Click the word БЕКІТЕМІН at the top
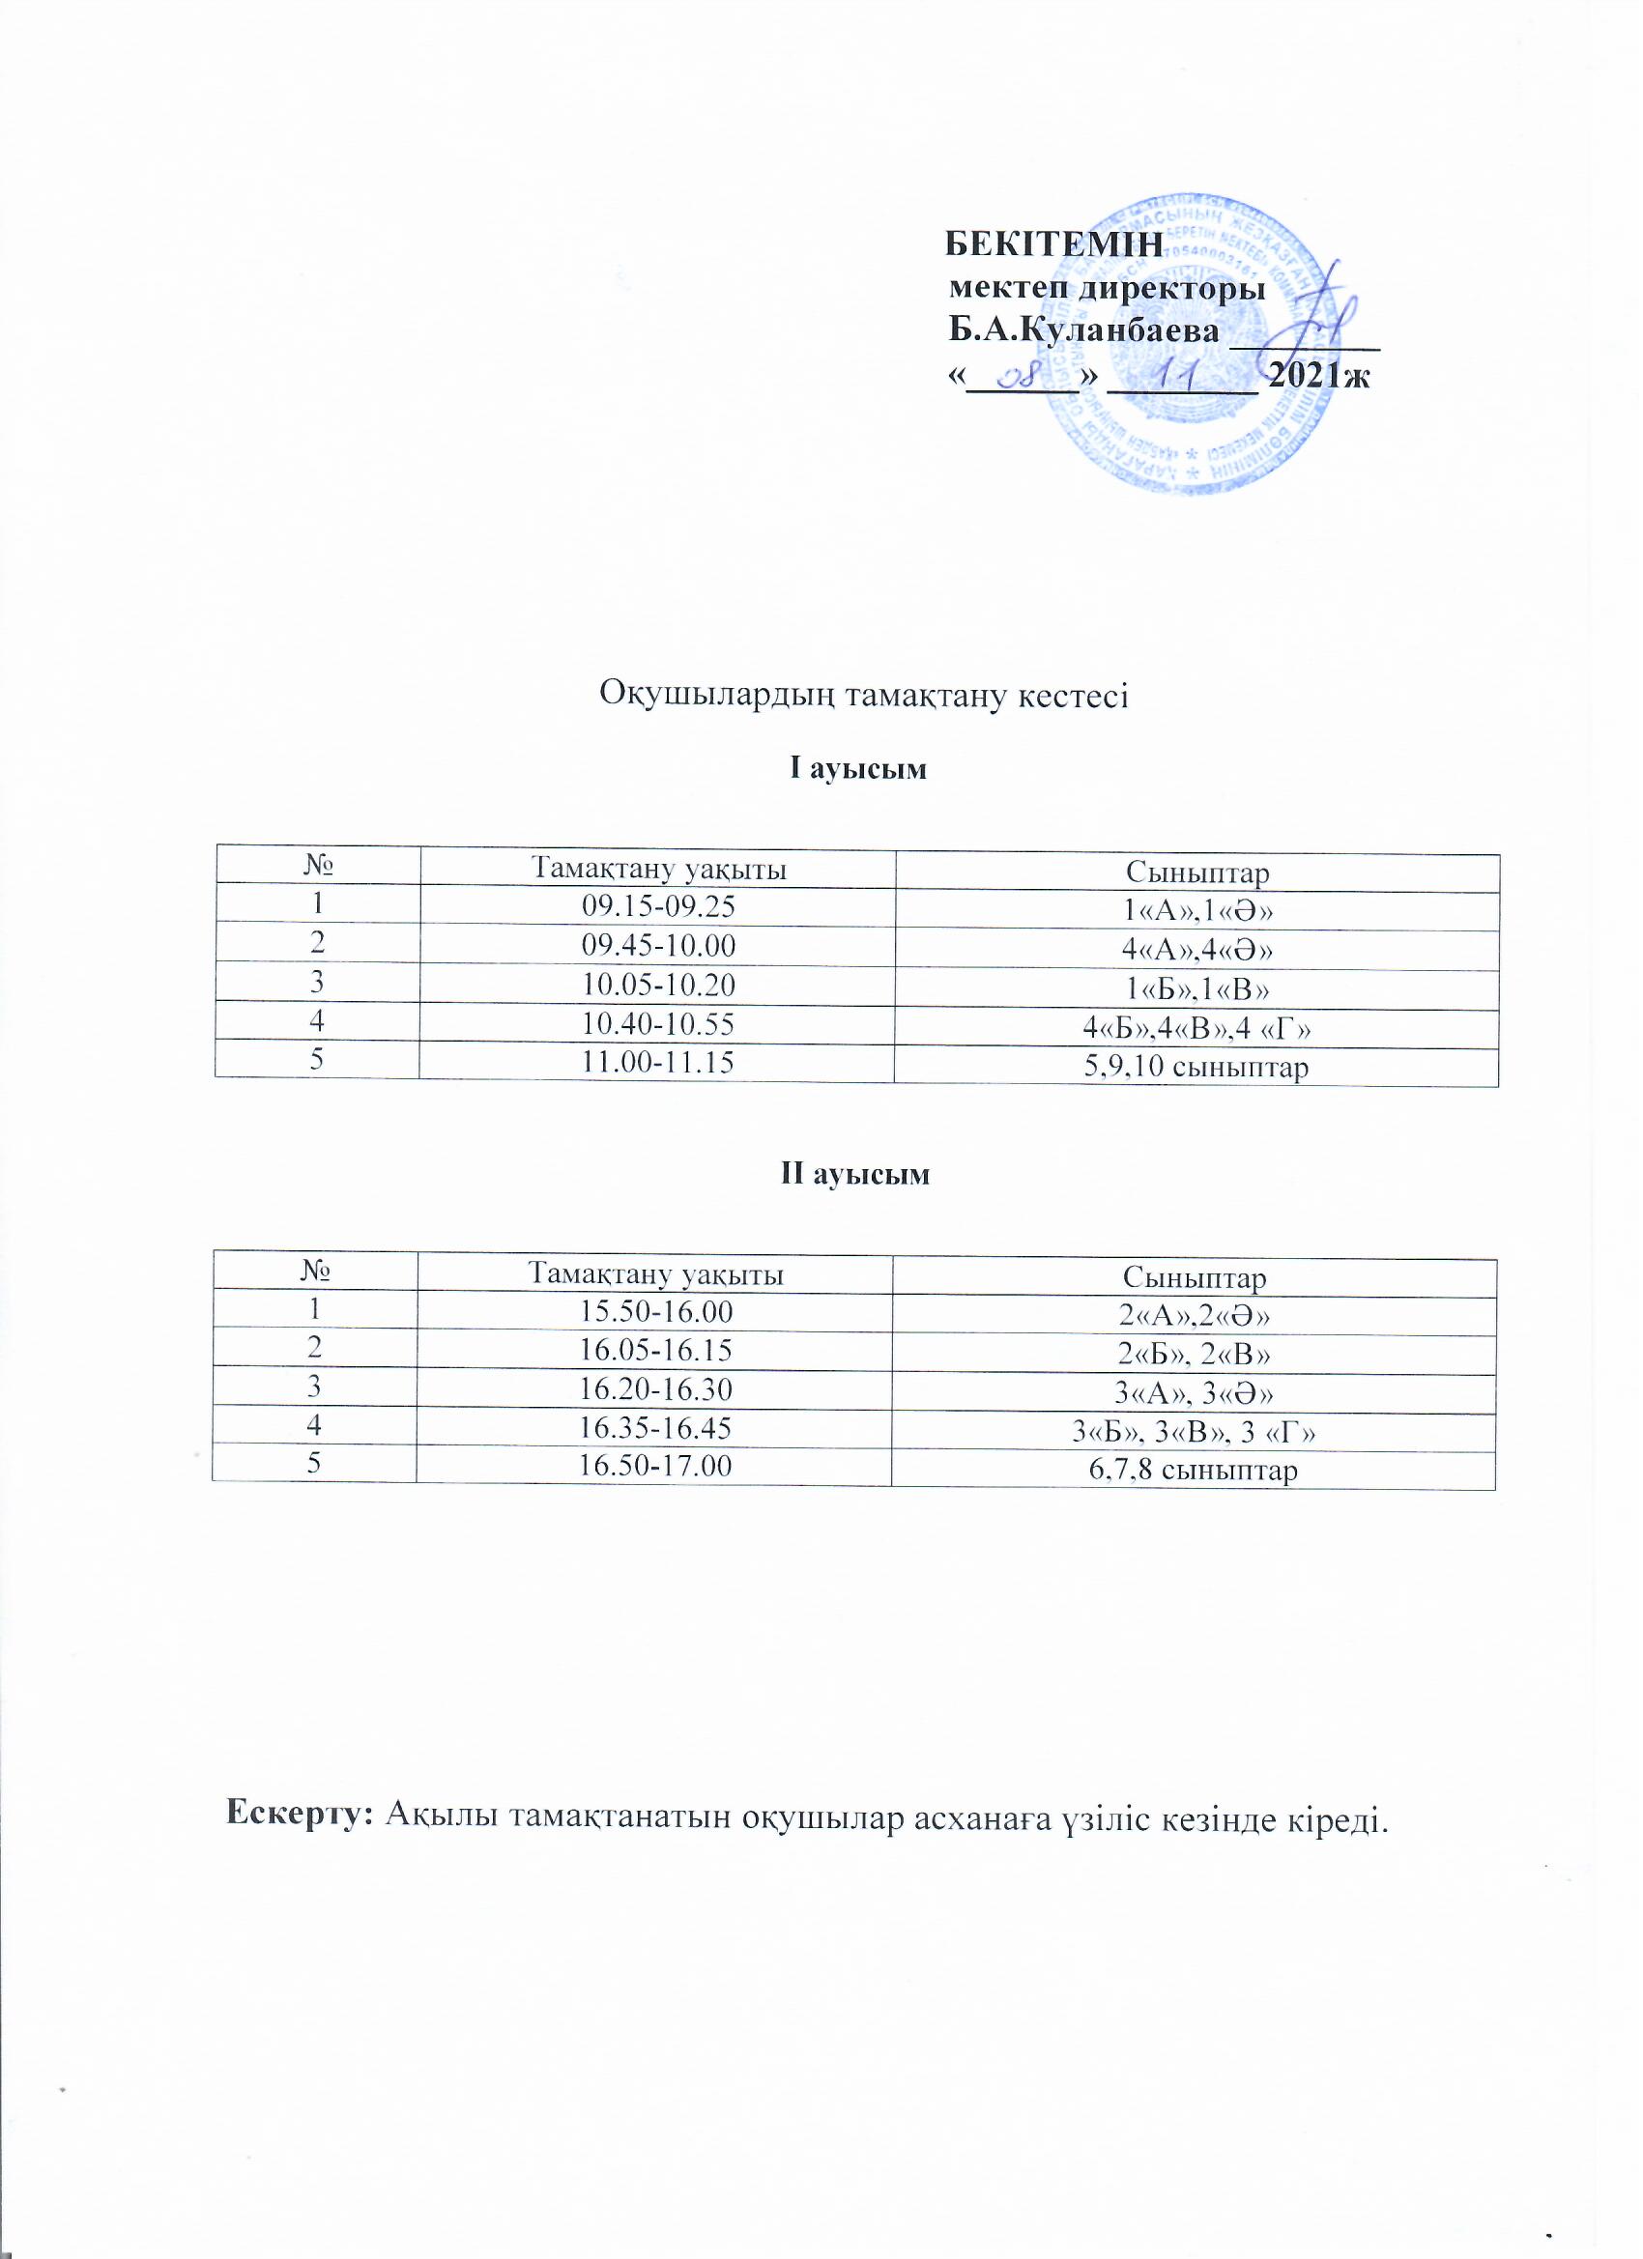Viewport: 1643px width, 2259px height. [1053, 244]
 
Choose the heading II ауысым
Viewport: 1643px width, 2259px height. [854, 1174]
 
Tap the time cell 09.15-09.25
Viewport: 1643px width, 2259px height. [656, 905]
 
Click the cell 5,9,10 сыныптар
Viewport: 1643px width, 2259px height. [1196, 1068]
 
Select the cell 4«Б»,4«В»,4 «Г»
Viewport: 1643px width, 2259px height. [1196, 1028]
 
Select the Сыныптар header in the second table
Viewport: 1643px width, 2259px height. [1194, 1278]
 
